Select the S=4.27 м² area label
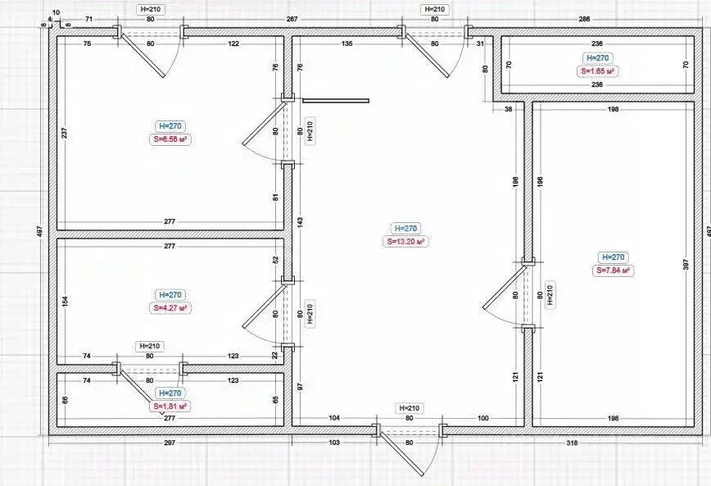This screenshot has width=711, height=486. tap(170, 308)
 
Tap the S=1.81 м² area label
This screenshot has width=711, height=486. tap(170, 406)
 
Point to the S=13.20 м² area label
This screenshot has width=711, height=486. tap(406, 242)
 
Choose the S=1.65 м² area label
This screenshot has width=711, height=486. tap(598, 71)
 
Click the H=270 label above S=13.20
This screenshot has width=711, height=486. tap(406, 229)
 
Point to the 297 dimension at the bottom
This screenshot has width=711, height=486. tap(170, 443)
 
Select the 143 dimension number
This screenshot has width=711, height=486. tap(300, 221)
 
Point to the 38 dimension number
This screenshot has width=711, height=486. tap(508, 108)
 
